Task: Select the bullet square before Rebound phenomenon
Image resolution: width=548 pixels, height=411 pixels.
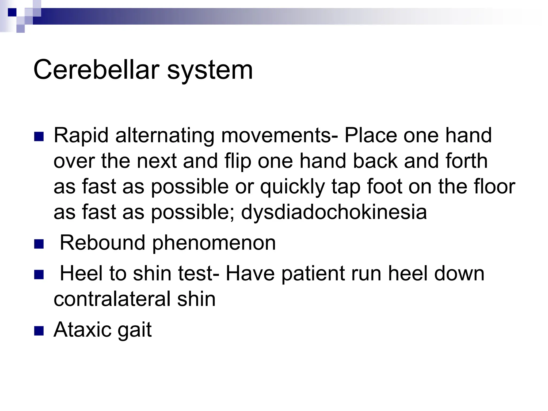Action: [x=39, y=244]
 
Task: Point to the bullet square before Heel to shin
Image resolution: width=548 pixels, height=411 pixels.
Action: [x=39, y=275]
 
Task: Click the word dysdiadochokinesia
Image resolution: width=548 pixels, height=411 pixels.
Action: [x=334, y=212]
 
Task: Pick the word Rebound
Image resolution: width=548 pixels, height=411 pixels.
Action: [x=102, y=243]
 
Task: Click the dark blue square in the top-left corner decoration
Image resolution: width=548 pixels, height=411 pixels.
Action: [x=12, y=12]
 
